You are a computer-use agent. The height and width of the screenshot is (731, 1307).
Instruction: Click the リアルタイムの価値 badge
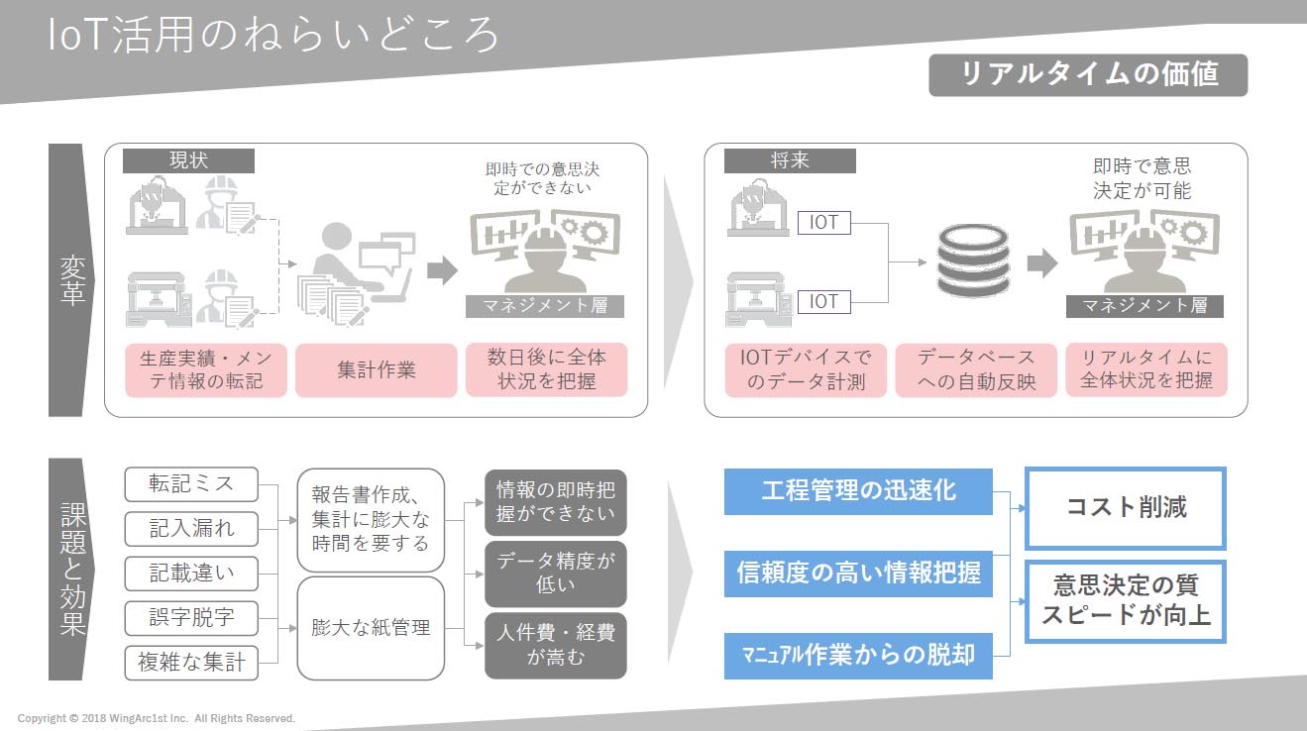point(1088,75)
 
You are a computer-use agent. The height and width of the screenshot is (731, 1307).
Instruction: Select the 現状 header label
point(188,160)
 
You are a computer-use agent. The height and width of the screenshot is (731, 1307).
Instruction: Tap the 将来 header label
point(790,160)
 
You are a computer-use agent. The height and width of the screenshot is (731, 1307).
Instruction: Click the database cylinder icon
point(973,261)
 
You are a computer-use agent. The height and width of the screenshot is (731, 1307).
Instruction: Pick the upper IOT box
point(823,223)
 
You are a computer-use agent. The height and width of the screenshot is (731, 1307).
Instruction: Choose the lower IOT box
point(823,302)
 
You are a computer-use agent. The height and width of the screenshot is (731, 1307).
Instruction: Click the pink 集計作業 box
point(377,369)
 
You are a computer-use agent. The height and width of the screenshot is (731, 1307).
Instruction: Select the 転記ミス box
point(191,484)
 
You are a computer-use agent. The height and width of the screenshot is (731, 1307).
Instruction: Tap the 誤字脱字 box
point(191,618)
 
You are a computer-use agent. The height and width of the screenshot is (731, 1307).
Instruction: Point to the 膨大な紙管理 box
point(371,628)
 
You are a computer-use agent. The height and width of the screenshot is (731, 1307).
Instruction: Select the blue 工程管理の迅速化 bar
point(858,491)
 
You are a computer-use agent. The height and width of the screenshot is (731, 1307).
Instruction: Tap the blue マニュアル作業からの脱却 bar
point(858,656)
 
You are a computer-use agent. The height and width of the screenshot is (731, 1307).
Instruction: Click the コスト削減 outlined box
point(1126,508)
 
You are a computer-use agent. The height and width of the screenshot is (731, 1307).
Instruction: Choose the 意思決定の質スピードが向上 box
point(1126,601)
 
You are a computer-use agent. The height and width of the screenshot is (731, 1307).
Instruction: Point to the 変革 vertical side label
point(72,280)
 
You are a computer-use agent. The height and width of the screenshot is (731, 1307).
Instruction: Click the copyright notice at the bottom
point(157,718)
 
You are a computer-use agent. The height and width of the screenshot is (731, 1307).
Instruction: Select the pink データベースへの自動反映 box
point(976,369)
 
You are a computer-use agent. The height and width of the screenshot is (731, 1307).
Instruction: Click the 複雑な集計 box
point(191,663)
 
